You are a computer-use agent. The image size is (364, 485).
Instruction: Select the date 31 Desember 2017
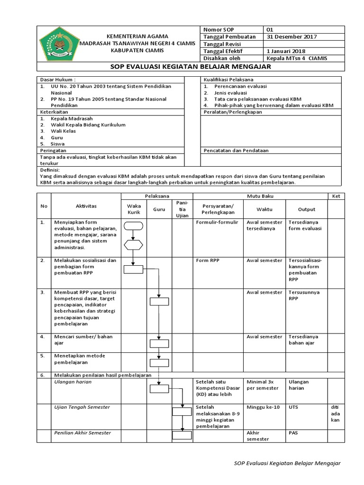coord(292,37)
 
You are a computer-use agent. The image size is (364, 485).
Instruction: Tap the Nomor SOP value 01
coord(271,29)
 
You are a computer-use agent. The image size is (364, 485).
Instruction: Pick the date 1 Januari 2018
coord(286,51)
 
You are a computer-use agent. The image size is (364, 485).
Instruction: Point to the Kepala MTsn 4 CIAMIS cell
coord(297,58)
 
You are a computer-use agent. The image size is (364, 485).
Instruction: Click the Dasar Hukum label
coord(57,80)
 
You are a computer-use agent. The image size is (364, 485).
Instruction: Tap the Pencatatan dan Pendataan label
coord(236,151)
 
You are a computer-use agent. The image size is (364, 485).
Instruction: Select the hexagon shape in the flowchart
coord(134,245)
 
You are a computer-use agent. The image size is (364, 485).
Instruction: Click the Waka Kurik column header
coord(134,209)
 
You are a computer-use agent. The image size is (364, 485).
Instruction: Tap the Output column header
coord(306,209)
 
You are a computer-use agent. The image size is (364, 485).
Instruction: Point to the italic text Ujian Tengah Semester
coord(82,407)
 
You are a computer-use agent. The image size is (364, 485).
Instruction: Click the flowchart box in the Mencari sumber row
coord(159,343)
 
